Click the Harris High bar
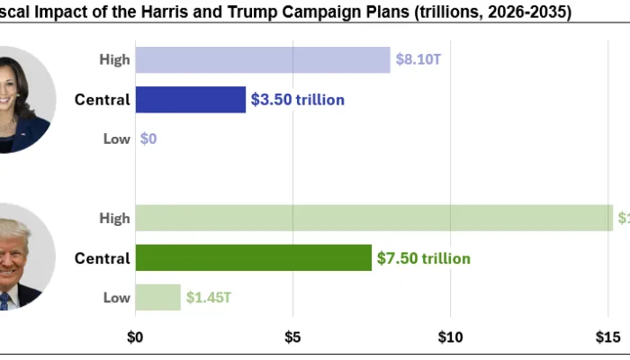coord(263,59)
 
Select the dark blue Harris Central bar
coord(190,99)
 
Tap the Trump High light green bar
coord(373,218)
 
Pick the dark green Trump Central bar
coord(253,258)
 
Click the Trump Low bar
coord(157,297)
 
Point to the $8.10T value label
coord(418,60)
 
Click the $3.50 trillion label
coord(298,100)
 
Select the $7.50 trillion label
coord(424,258)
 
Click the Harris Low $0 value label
coord(148,139)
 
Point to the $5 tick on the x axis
coord(292,337)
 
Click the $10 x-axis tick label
coord(450,337)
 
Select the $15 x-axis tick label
coord(607,337)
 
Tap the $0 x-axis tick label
coord(135,337)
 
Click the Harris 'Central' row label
coord(102,99)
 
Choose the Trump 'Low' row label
coord(116,297)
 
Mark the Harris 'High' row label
coord(114,59)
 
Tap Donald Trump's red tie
coord(4,300)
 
